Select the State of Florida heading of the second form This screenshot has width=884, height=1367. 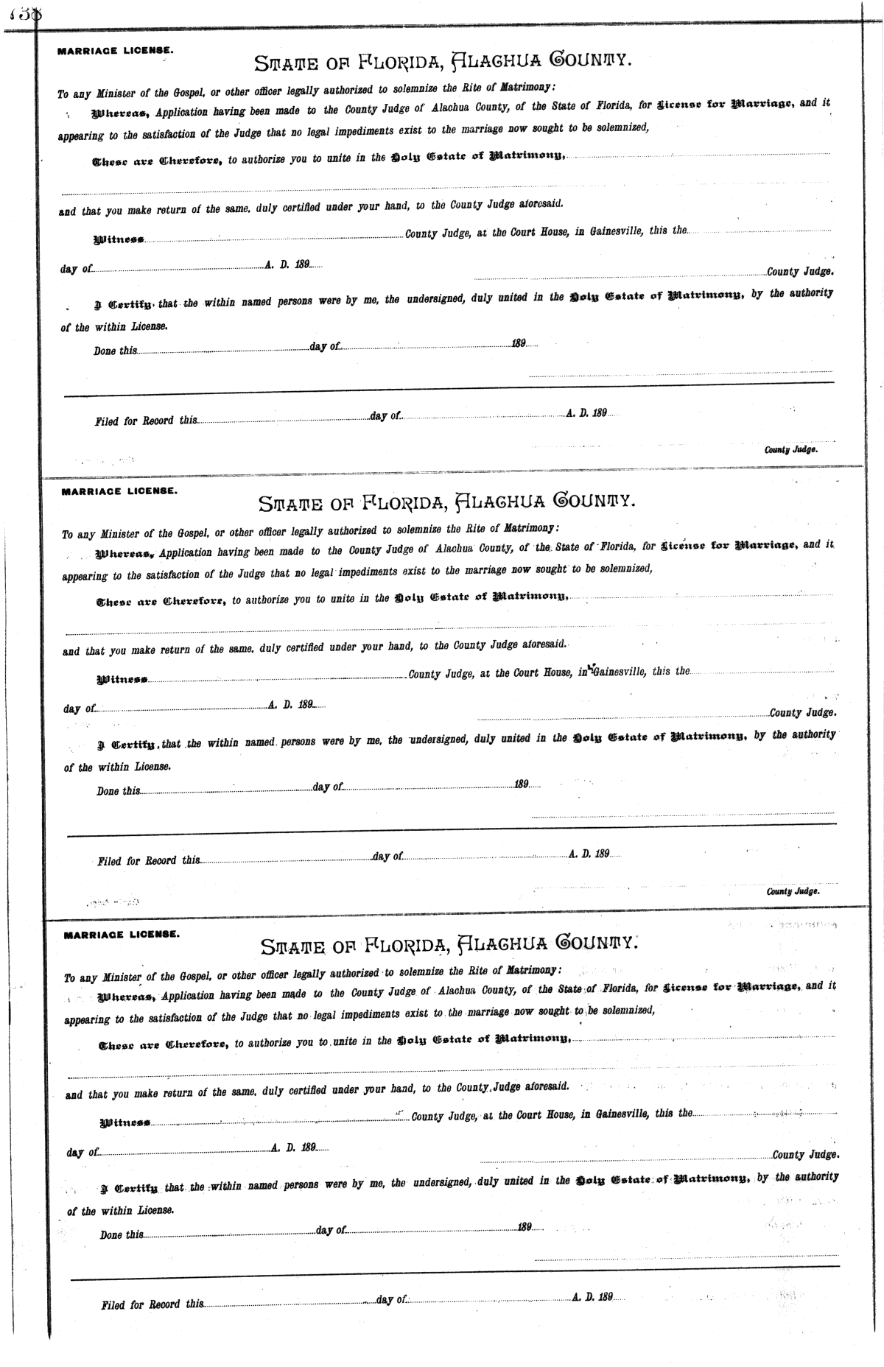(446, 503)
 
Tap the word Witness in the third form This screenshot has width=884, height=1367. (124, 1122)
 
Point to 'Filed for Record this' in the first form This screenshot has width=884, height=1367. (146, 421)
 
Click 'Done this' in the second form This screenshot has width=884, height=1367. (118, 790)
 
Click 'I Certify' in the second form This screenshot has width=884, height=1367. (123, 744)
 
